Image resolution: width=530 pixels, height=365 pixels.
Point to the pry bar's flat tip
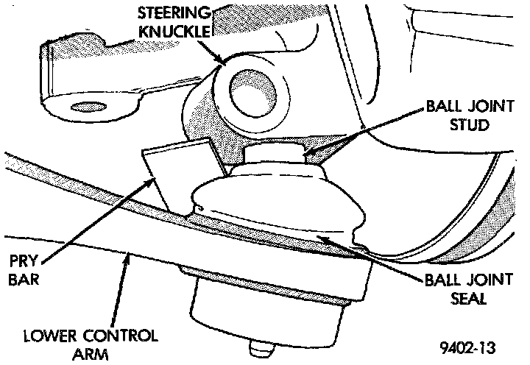(177, 166)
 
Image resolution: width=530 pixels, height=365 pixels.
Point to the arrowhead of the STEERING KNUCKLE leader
(222, 65)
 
